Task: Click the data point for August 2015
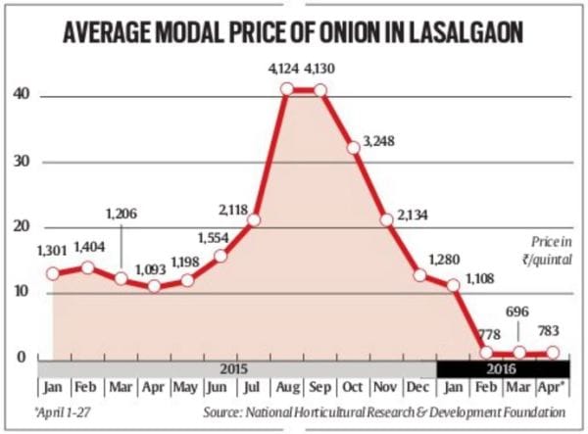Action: pyautogui.click(x=286, y=89)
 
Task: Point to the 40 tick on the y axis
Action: pyautogui.click(x=22, y=95)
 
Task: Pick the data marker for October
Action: pyautogui.click(x=353, y=148)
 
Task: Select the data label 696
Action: pyautogui.click(x=518, y=310)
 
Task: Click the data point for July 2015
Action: pyautogui.click(x=253, y=219)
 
